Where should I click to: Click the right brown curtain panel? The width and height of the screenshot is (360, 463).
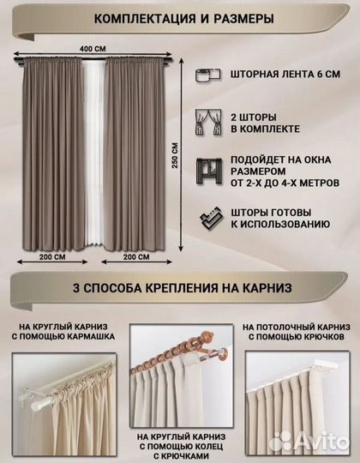[x=137, y=154]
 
